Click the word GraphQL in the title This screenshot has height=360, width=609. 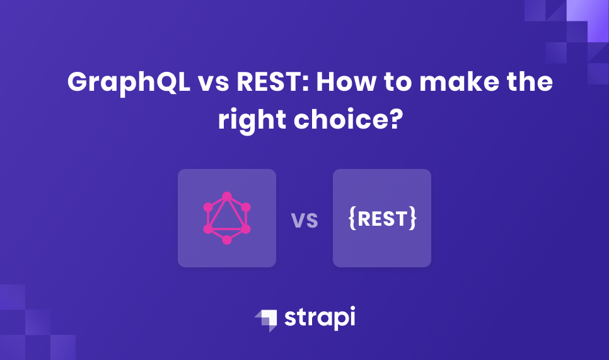[x=129, y=83]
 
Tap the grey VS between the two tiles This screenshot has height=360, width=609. [x=304, y=221]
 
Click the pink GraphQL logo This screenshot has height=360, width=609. [x=227, y=218]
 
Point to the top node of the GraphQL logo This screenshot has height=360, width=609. [x=227, y=196]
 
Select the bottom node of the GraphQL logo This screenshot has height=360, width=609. [x=227, y=240]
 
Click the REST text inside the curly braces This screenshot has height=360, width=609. [x=382, y=218]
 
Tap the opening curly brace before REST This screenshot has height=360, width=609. [x=352, y=218]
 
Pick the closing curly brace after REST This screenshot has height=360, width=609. [x=412, y=218]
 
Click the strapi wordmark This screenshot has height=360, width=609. [x=320, y=318]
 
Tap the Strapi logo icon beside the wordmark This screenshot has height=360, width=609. [x=266, y=319]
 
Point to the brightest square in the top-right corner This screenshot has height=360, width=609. [x=587, y=11]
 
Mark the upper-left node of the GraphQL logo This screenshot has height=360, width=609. [x=208, y=207]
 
